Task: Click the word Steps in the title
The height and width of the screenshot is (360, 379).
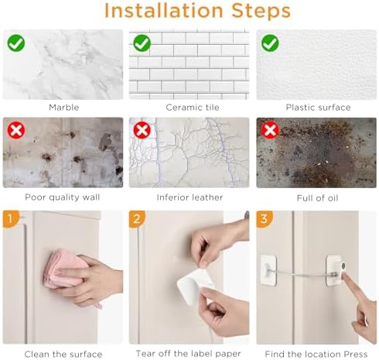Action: (x=261, y=11)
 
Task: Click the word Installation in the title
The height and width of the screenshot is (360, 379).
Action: (x=164, y=11)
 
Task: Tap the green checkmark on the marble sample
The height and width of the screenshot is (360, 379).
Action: (x=16, y=43)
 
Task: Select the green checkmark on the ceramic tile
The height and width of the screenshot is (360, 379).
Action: (x=142, y=43)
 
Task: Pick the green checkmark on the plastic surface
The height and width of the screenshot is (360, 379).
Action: (x=270, y=43)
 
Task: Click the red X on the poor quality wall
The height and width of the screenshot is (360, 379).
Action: (x=16, y=130)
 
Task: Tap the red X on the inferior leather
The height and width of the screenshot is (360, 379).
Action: (x=142, y=130)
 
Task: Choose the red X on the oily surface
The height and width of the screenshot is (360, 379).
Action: (x=270, y=130)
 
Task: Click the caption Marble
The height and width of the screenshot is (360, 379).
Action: (x=64, y=108)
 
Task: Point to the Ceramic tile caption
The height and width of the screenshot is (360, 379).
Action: (x=193, y=108)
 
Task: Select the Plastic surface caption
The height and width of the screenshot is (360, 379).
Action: (x=319, y=108)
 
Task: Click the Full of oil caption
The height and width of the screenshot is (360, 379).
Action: (x=317, y=198)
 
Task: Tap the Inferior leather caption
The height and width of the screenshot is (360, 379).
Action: (x=189, y=197)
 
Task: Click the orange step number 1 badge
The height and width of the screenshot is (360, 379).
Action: (x=11, y=219)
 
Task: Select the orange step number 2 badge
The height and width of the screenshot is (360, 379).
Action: (x=137, y=219)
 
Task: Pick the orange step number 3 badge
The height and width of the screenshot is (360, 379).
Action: (x=264, y=219)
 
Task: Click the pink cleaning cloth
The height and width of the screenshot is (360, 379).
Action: (x=64, y=269)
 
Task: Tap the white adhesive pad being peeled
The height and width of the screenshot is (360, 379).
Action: (x=195, y=285)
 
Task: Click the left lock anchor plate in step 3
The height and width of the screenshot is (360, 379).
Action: (x=268, y=270)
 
